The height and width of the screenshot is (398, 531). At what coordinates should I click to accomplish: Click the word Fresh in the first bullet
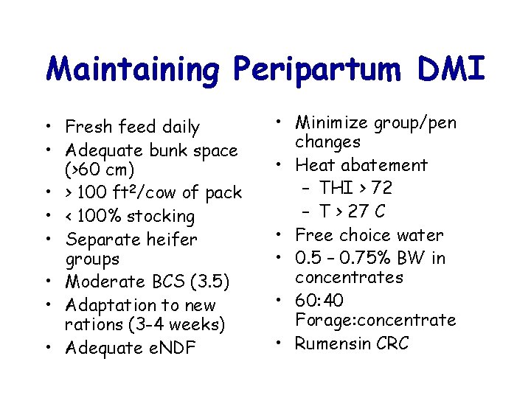86,128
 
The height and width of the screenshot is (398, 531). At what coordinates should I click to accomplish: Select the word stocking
161,217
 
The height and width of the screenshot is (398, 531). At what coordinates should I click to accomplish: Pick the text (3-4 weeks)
177,324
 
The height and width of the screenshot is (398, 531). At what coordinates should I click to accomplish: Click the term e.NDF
172,348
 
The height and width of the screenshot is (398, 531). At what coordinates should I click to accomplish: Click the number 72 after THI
382,188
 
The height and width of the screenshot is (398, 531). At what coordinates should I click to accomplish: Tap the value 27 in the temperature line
359,212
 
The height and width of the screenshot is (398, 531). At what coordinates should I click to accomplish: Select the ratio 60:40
319,301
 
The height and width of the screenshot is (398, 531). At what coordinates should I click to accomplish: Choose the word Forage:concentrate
375,321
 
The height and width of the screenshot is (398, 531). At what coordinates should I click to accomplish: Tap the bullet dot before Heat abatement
284,165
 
